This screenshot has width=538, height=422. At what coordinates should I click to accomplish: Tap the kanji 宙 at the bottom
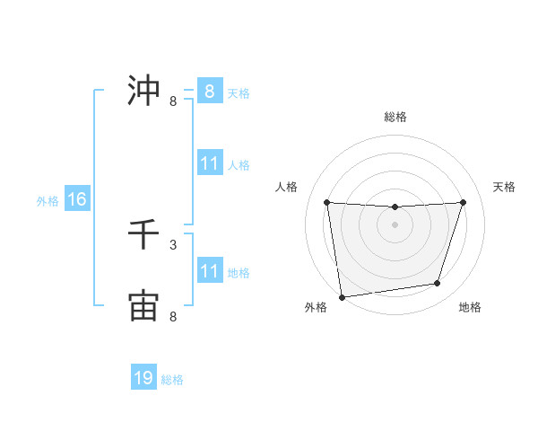[x=143, y=305]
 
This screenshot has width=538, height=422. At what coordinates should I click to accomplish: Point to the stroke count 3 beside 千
[x=173, y=244]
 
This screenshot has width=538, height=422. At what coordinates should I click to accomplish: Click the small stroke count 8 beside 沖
[x=173, y=101]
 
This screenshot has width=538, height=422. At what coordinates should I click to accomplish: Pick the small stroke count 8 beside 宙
[x=173, y=316]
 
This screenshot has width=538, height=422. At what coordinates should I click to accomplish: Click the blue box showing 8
[x=209, y=91]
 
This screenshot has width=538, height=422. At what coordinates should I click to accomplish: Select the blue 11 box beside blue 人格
[x=209, y=163]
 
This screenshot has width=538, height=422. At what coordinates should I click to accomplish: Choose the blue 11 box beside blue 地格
[x=209, y=271]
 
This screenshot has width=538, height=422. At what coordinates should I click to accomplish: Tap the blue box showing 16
[x=77, y=199]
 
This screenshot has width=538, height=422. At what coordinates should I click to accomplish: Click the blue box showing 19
[x=143, y=378]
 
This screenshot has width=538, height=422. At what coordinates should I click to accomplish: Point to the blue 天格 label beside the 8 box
[x=239, y=92]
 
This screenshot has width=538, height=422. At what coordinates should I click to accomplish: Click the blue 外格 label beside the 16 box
[x=48, y=201]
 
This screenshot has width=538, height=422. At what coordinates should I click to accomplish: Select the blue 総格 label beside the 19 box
[x=172, y=380]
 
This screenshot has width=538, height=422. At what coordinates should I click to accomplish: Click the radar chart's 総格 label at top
[x=395, y=117]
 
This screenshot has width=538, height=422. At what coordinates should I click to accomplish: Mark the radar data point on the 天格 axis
[x=463, y=202]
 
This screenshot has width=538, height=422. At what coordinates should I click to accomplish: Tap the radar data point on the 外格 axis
[x=342, y=297]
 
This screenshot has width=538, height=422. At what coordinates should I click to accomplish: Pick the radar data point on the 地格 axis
[x=438, y=284]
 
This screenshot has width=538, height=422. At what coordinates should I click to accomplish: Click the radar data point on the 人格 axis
[x=326, y=202]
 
